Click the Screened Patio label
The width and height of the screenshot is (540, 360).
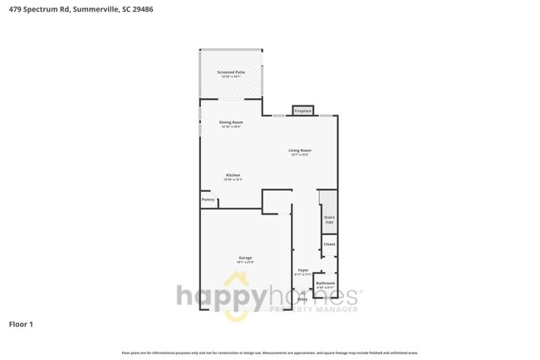(231, 72)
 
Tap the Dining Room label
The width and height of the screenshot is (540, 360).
(231, 122)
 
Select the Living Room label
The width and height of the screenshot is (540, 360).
(299, 150)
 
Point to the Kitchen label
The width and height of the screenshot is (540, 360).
(233, 175)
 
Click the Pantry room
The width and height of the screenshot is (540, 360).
(208, 200)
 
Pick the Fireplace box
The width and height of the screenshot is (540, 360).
(302, 111)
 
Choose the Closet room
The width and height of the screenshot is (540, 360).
(329, 244)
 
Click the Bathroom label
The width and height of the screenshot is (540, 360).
(326, 283)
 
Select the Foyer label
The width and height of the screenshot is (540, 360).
(303, 270)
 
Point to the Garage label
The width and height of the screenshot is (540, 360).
(245, 258)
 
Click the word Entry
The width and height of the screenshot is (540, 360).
(302, 299)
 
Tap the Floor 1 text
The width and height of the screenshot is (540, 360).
(21, 323)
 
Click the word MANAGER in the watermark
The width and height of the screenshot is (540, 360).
(336, 309)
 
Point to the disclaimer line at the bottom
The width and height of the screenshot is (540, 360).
(270, 353)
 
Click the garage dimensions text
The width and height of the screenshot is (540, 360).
(245, 263)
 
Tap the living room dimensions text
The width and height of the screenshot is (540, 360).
(299, 155)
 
